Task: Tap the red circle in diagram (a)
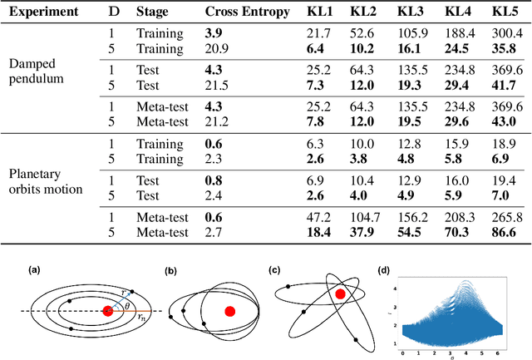(107, 311)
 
